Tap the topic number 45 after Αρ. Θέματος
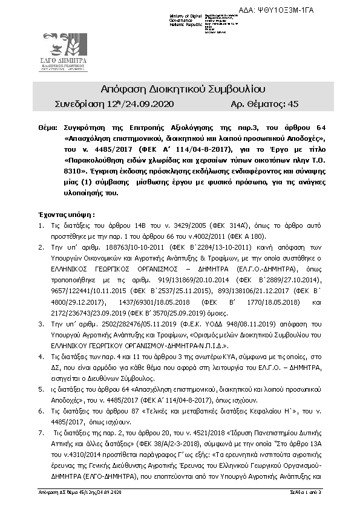[x=293, y=105]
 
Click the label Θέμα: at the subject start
[x=47, y=129]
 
